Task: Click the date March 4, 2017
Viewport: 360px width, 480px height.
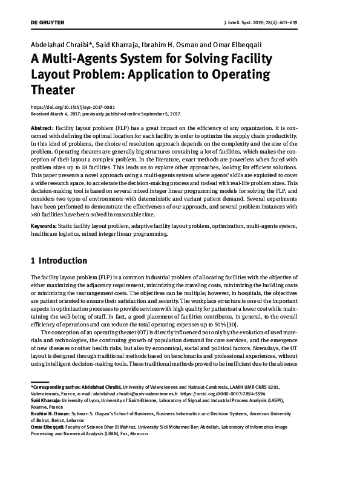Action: (65, 114)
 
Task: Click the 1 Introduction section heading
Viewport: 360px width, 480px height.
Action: (59, 261)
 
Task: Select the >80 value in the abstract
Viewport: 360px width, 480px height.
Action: (38, 214)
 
